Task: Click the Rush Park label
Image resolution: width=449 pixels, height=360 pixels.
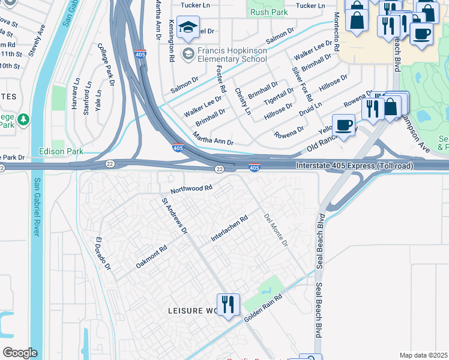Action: (x=270, y=12)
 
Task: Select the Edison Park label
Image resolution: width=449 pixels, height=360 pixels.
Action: (x=61, y=151)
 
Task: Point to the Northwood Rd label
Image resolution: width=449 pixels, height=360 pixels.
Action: (x=191, y=188)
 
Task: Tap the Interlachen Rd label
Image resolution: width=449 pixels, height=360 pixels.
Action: (x=229, y=230)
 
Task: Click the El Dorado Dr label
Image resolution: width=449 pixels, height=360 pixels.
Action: (x=103, y=254)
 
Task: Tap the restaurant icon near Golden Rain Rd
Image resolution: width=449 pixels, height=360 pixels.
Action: (x=228, y=305)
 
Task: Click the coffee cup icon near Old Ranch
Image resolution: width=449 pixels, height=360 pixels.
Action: (x=343, y=125)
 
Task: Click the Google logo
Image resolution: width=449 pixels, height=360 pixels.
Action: (x=20, y=353)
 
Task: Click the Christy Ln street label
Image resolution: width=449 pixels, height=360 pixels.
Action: (x=243, y=101)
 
